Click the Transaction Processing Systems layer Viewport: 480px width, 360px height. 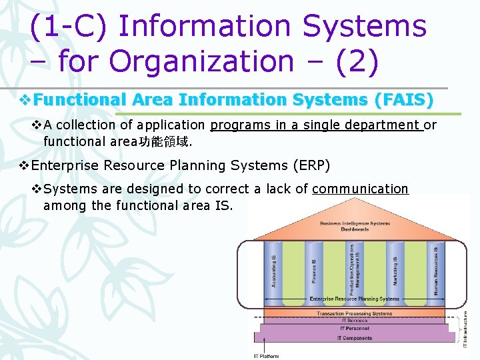(x=354, y=313)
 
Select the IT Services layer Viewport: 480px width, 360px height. (x=354, y=321)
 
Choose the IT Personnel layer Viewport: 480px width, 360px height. (x=354, y=329)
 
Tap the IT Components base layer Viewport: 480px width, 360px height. (x=354, y=338)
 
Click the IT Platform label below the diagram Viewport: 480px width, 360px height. (x=266, y=356)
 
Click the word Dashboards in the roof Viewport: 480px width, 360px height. (x=354, y=229)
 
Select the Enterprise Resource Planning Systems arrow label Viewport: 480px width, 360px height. (x=354, y=299)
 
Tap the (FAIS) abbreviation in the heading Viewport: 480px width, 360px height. (x=403, y=100)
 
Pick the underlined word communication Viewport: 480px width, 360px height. (x=360, y=189)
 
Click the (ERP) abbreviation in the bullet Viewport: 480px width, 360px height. (x=310, y=165)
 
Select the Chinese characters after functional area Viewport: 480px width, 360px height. (x=154, y=141)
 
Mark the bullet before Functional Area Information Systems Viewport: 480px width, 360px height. (x=26, y=100)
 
